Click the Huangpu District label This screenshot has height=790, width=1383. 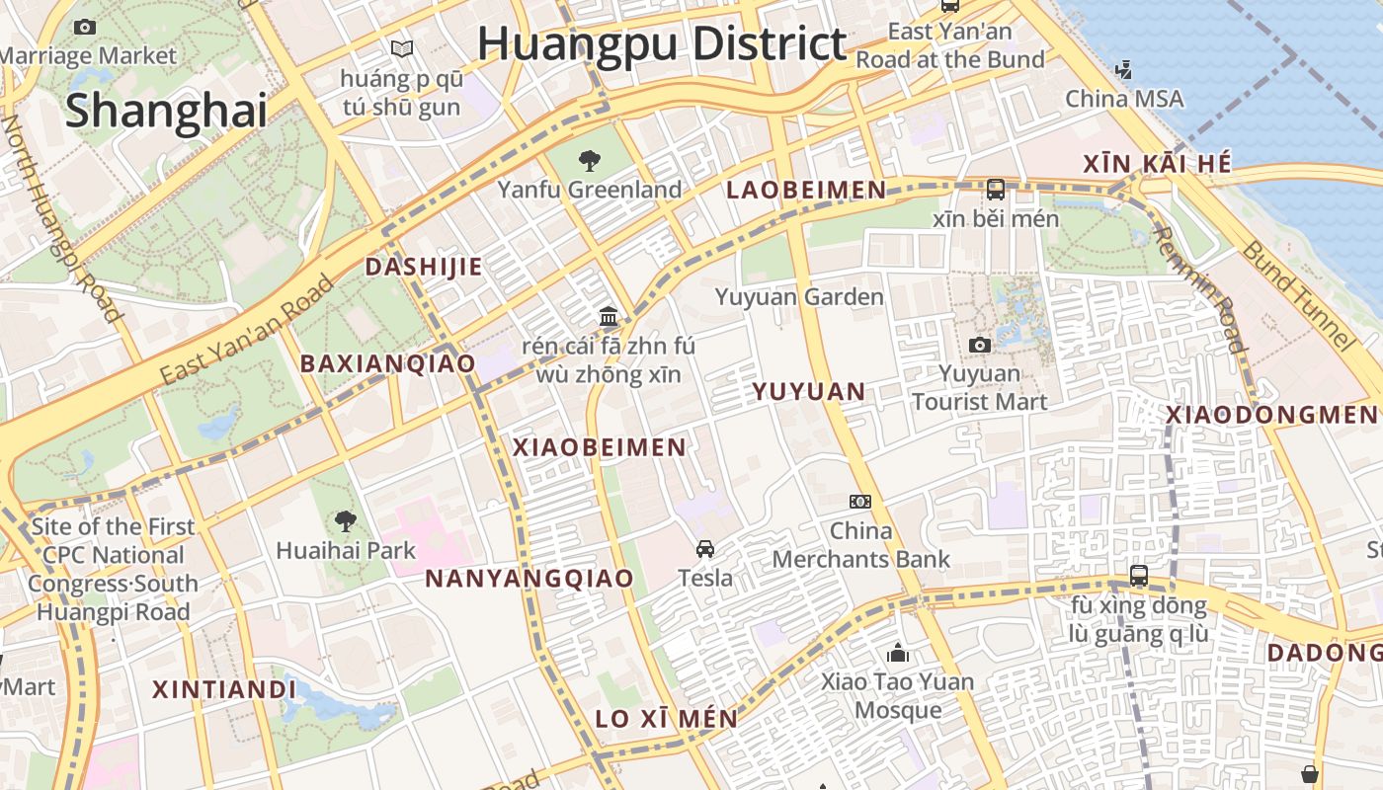pyautogui.click(x=662, y=44)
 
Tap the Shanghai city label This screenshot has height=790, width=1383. pyautogui.click(x=166, y=111)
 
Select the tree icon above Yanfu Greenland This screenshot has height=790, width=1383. pyautogui.click(x=590, y=160)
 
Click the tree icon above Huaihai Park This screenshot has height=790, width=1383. pyautogui.click(x=345, y=520)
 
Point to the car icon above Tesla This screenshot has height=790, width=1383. pyautogui.click(x=705, y=549)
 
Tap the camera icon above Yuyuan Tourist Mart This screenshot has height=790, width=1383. pyautogui.click(x=979, y=345)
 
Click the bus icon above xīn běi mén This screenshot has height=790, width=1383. pyautogui.click(x=995, y=189)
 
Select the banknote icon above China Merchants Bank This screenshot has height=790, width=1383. pyautogui.click(x=860, y=502)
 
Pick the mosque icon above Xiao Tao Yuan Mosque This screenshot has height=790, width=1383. pyautogui.click(x=898, y=653)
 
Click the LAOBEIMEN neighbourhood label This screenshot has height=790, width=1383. pyautogui.click(x=806, y=191)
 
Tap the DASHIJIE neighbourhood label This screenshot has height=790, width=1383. pyautogui.click(x=424, y=267)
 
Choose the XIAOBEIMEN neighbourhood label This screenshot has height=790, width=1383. pyautogui.click(x=600, y=447)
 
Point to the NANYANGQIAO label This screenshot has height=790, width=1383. pyautogui.click(x=529, y=579)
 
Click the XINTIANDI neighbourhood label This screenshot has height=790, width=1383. pyautogui.click(x=224, y=689)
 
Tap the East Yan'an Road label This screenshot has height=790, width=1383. pyautogui.click(x=247, y=331)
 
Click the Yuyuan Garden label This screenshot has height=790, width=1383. pyautogui.click(x=799, y=297)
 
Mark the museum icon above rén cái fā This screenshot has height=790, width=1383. pyautogui.click(x=609, y=317)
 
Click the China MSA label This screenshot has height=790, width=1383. pyautogui.click(x=1124, y=99)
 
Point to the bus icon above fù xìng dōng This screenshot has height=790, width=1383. pyautogui.click(x=1139, y=576)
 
